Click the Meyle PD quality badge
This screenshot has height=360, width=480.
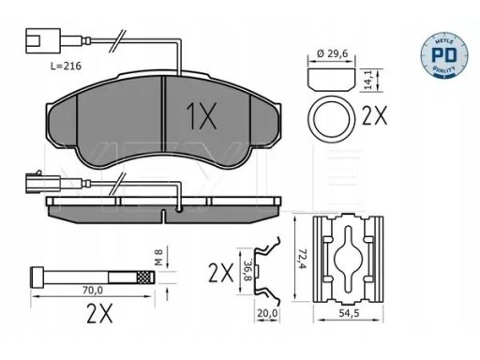click(444, 55)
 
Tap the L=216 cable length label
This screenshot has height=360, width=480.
click(66, 66)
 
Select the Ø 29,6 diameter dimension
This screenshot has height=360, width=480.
click(332, 53)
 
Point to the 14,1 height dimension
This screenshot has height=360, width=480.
click(369, 81)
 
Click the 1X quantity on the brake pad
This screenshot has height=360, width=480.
click(202, 116)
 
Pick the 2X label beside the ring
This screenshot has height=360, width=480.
click(374, 115)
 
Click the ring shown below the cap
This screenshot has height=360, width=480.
click(332, 119)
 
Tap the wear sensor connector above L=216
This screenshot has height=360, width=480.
click(43, 40)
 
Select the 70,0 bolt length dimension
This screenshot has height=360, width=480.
click(93, 291)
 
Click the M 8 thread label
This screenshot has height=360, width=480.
click(158, 257)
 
